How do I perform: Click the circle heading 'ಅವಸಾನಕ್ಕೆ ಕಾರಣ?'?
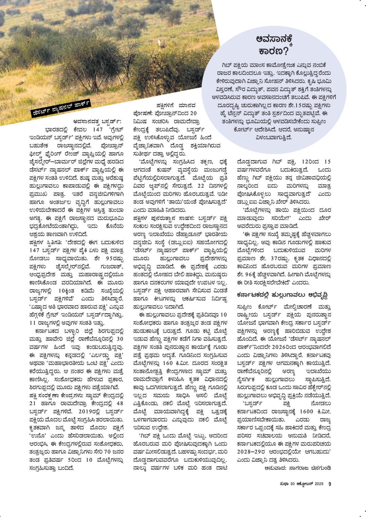[274, 45]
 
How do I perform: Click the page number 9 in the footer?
[329, 484]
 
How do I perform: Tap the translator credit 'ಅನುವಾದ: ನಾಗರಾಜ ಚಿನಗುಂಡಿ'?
[297, 468]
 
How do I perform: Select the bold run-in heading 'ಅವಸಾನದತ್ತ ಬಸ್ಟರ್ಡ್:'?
[97, 121]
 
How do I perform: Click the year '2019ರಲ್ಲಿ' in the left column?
[90, 411]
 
